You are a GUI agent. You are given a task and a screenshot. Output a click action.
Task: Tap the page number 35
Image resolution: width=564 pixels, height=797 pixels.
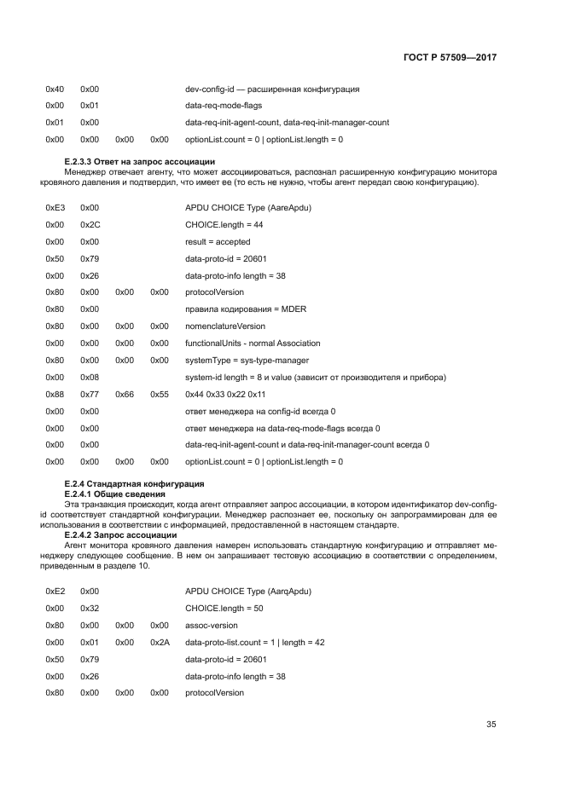[491, 725]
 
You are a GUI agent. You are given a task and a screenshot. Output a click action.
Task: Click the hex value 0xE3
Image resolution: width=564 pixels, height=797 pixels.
[54, 207]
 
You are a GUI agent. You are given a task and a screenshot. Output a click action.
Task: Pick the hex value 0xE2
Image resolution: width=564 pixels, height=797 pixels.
[54, 591]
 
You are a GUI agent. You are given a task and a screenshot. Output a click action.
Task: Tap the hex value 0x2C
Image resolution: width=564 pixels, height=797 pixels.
[90, 224]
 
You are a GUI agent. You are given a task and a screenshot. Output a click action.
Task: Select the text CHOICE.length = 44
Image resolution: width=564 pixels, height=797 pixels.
[224, 224]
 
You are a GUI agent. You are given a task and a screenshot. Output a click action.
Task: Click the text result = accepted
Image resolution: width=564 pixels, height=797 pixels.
[218, 241]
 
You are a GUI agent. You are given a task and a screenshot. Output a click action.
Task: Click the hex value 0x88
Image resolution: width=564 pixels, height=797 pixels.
[54, 394]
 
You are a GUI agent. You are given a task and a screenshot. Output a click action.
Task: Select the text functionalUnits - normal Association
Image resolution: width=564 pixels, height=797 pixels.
[253, 343]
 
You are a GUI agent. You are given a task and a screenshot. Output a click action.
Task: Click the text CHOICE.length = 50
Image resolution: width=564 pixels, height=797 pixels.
[224, 608]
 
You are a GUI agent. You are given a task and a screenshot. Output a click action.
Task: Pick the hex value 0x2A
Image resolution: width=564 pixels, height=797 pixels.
[160, 642]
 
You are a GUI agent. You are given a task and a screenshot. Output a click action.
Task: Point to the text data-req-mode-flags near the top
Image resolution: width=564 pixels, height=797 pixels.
[224, 106]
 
